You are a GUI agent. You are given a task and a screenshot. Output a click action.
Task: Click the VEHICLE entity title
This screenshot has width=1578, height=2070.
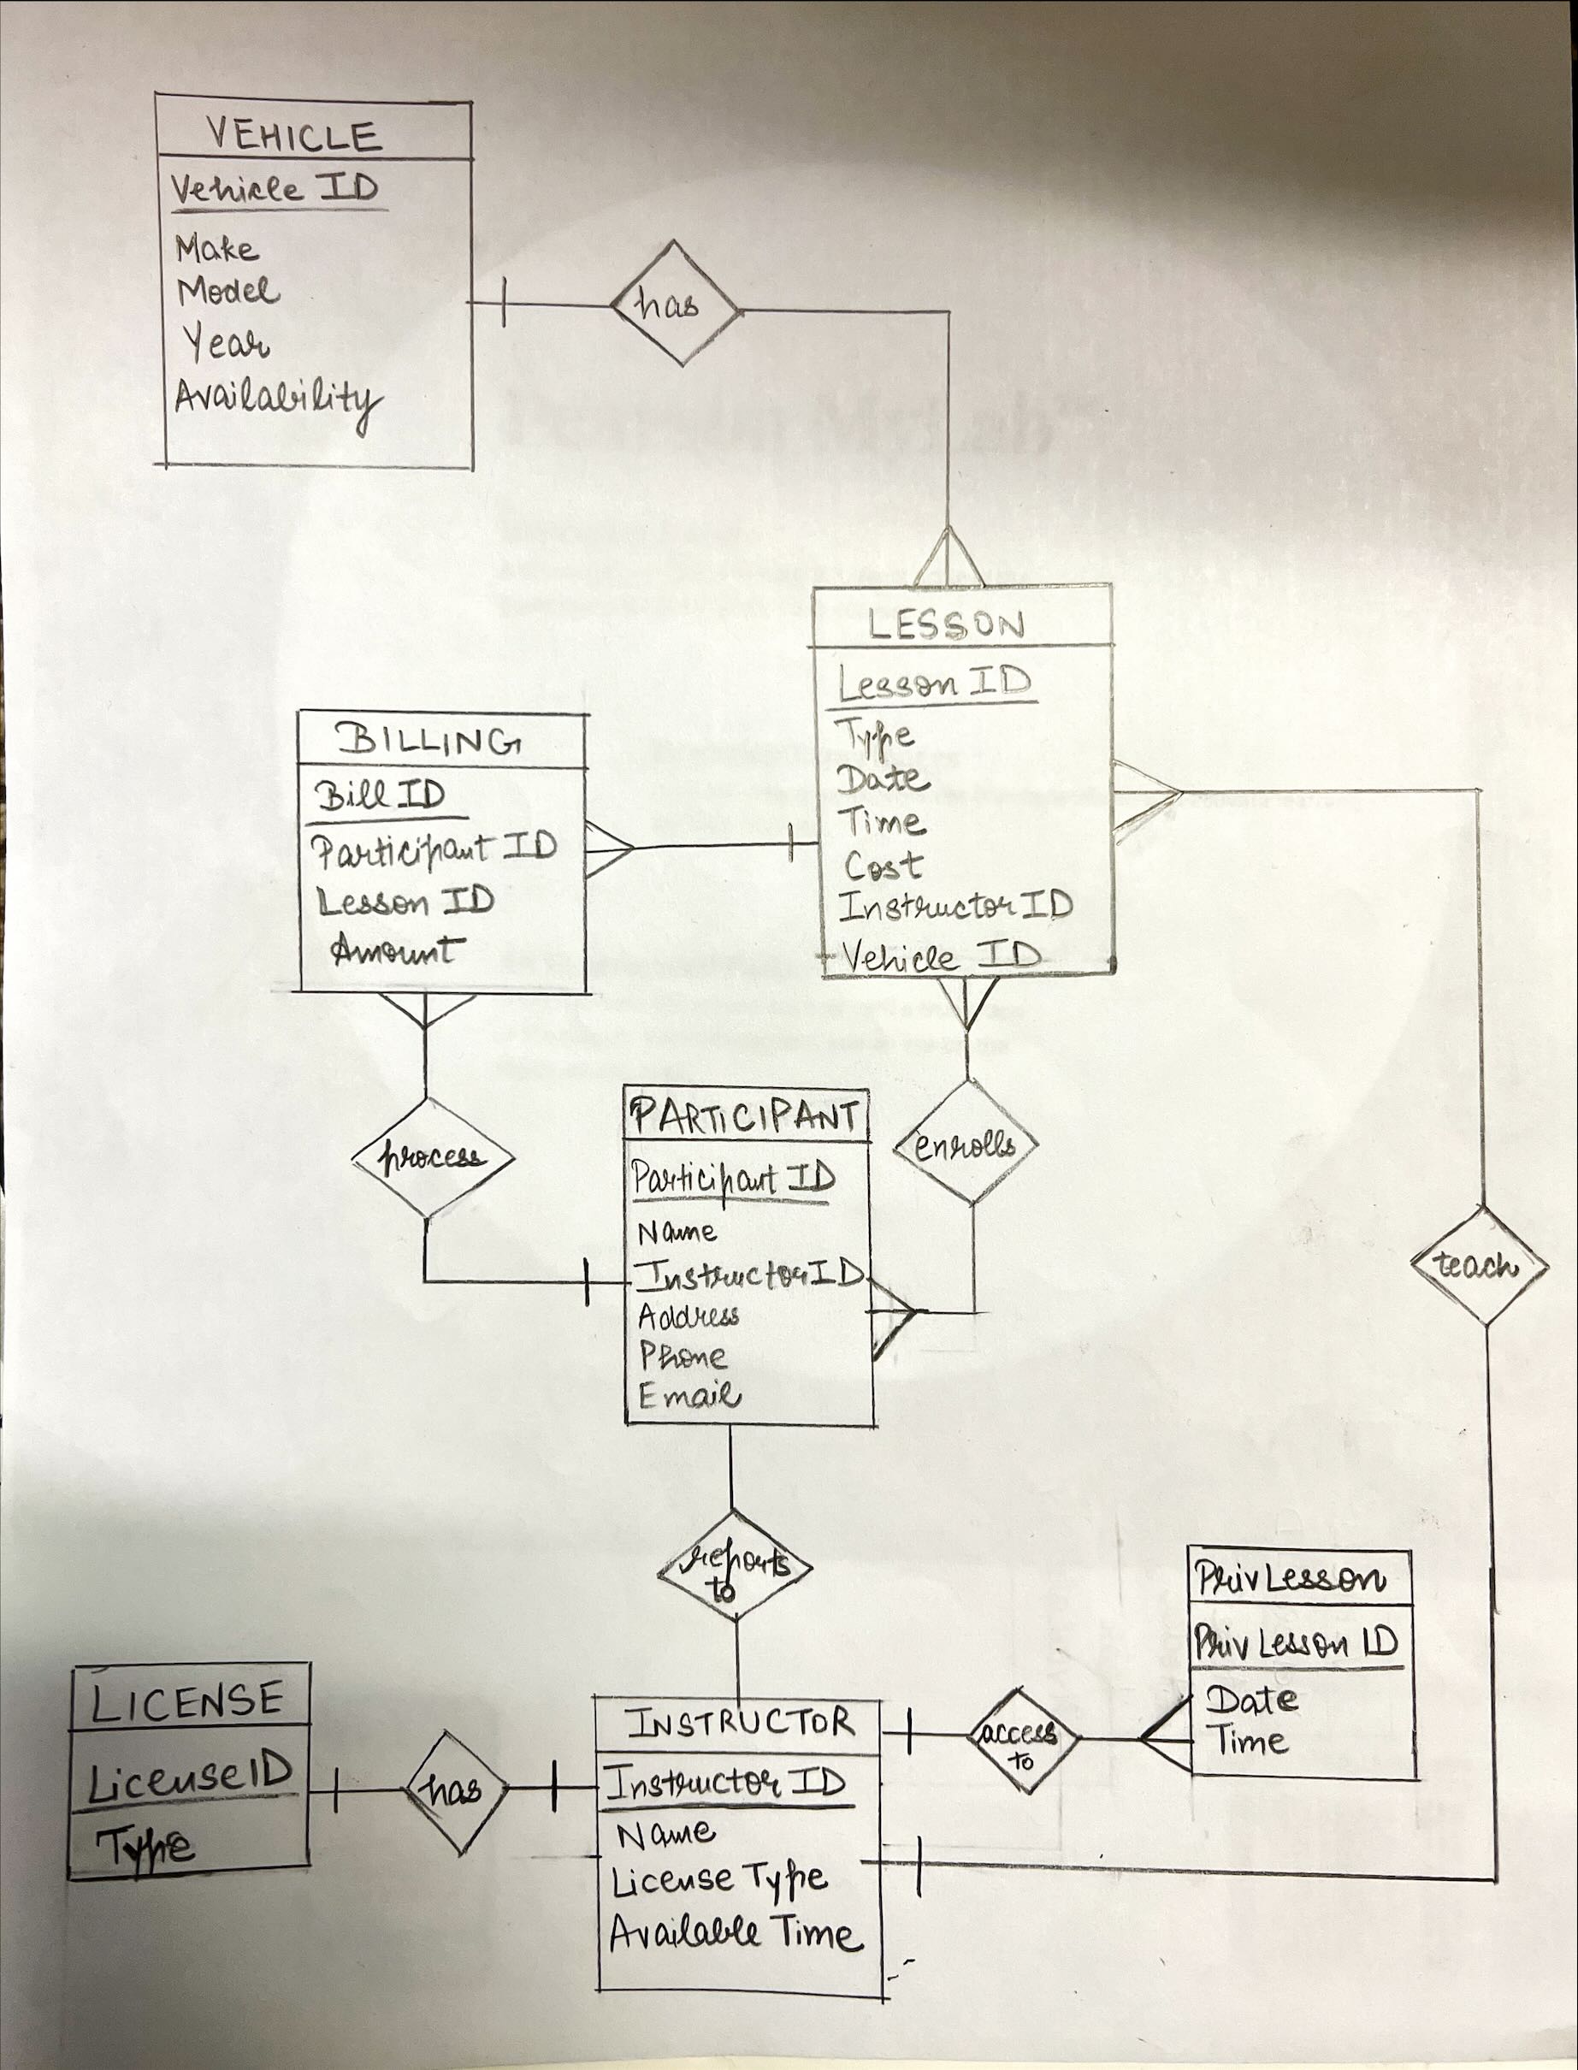click(x=293, y=135)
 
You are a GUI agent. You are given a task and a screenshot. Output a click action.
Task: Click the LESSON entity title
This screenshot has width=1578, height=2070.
click(x=946, y=624)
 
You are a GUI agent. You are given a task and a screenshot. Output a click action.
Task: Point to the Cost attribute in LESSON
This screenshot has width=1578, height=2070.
click(x=883, y=865)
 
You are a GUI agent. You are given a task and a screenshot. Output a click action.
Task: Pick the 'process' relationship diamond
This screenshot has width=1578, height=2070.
click(x=432, y=1157)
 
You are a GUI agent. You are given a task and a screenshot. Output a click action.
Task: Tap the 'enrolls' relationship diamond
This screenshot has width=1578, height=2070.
click(x=966, y=1144)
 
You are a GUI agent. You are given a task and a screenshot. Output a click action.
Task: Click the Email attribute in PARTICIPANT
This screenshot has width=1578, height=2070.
click(x=689, y=1396)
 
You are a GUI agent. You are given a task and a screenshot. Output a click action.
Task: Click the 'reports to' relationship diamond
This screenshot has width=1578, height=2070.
click(x=735, y=1565)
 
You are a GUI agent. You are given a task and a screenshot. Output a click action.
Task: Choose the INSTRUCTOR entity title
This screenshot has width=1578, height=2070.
click(x=740, y=1723)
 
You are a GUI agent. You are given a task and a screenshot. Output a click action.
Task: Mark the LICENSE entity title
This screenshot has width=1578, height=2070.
click(x=188, y=1700)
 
